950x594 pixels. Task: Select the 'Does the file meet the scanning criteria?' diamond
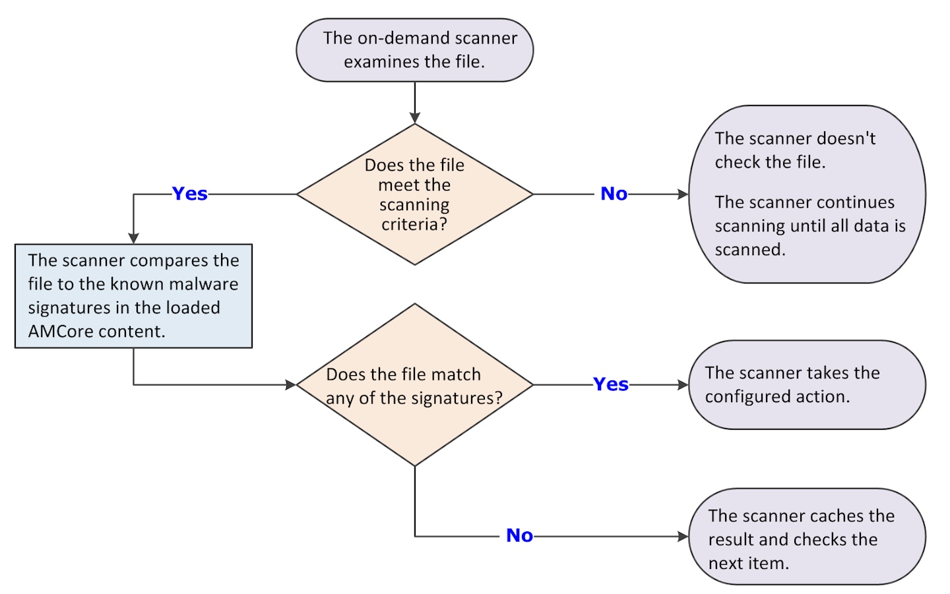pyautogui.click(x=415, y=194)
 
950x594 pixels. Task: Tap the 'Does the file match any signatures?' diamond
pyautogui.click(x=415, y=385)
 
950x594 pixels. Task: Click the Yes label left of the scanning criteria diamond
pyautogui.click(x=189, y=194)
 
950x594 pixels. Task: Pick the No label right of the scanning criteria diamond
pyautogui.click(x=614, y=194)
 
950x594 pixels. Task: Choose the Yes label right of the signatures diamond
pyautogui.click(x=611, y=384)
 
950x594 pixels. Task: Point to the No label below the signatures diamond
pyautogui.click(x=520, y=535)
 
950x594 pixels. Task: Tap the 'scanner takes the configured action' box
pyautogui.click(x=807, y=385)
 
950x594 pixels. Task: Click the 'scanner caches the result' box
pyautogui.click(x=807, y=537)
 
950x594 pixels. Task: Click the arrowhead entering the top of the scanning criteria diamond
pyautogui.click(x=415, y=118)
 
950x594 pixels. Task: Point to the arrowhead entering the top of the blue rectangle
pyautogui.click(x=133, y=239)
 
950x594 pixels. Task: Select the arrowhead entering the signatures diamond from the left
pyautogui.click(x=291, y=385)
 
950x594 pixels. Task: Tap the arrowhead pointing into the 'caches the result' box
pyautogui.click(x=683, y=537)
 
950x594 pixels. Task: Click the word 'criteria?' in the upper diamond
pyautogui.click(x=414, y=225)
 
